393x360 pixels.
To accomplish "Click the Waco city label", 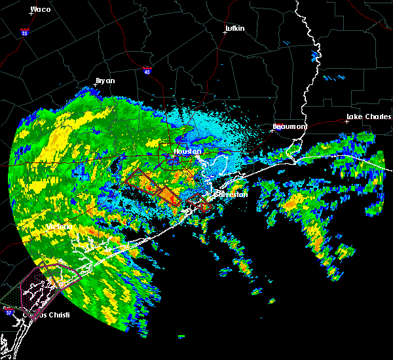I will [40, 9].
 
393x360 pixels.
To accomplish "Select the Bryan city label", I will [105, 81].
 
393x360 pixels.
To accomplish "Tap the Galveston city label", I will [229, 194].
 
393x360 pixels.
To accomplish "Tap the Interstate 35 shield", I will [24, 31].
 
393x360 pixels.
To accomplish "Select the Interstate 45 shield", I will [147, 70].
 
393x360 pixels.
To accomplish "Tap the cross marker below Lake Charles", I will [346, 122].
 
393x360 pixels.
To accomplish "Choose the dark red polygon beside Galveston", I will [200, 204].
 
